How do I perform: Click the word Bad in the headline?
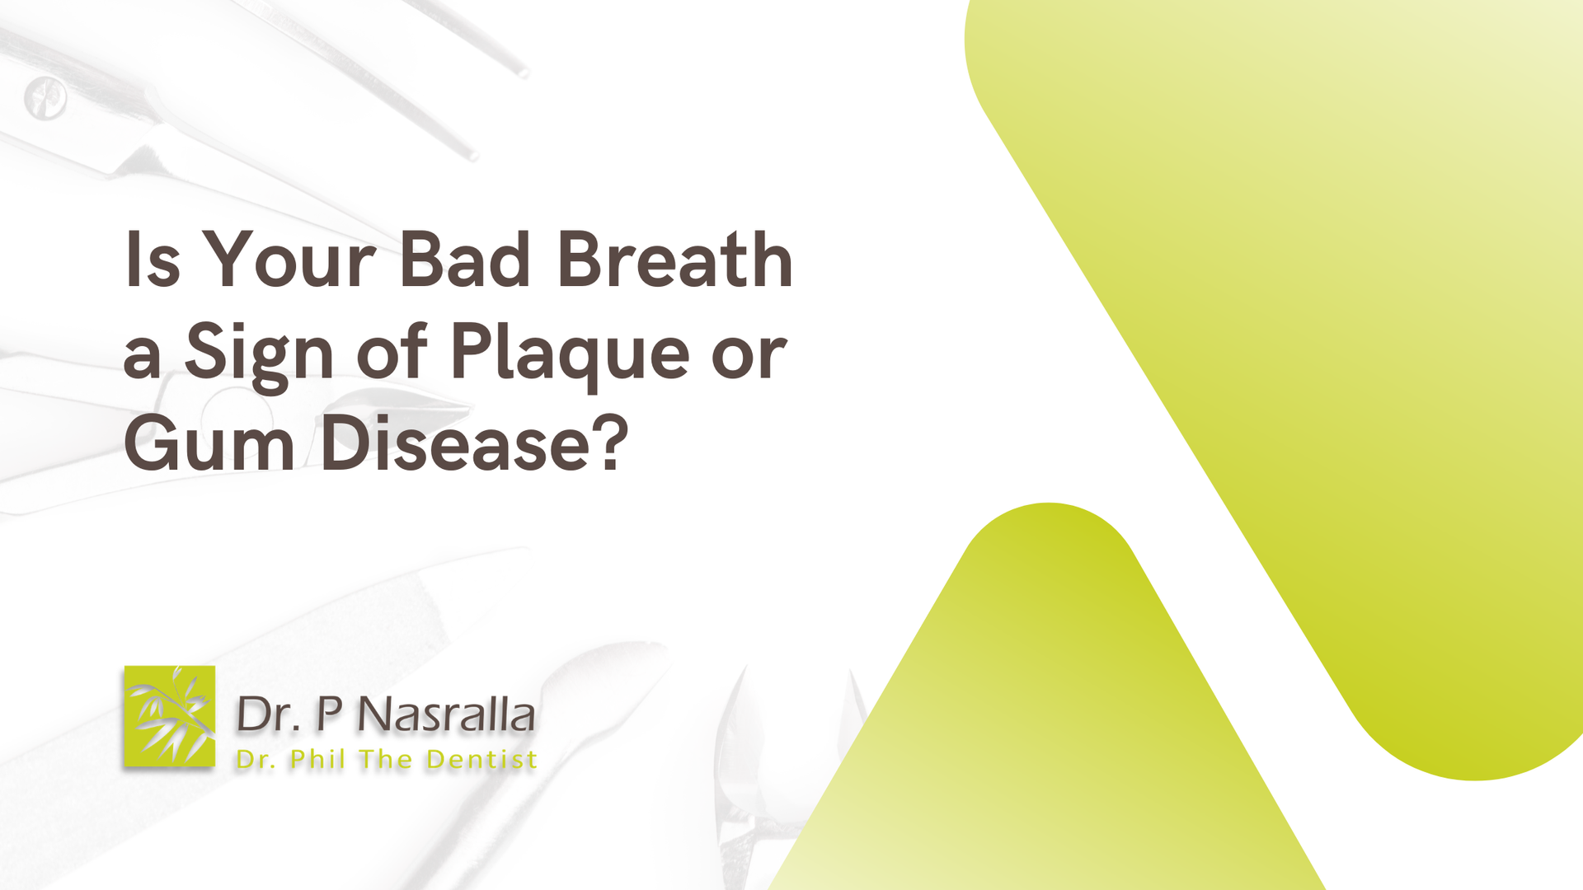click(x=465, y=259)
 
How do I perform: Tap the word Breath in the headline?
click(x=675, y=259)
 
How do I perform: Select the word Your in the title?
click(x=289, y=259)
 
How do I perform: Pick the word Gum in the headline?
click(x=209, y=443)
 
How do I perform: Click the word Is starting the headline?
click(x=152, y=259)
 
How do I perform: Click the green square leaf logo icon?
click(x=170, y=716)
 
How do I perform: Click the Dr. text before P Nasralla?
click(x=269, y=714)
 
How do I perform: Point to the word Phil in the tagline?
click(x=317, y=759)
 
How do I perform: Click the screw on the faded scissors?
click(x=45, y=99)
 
